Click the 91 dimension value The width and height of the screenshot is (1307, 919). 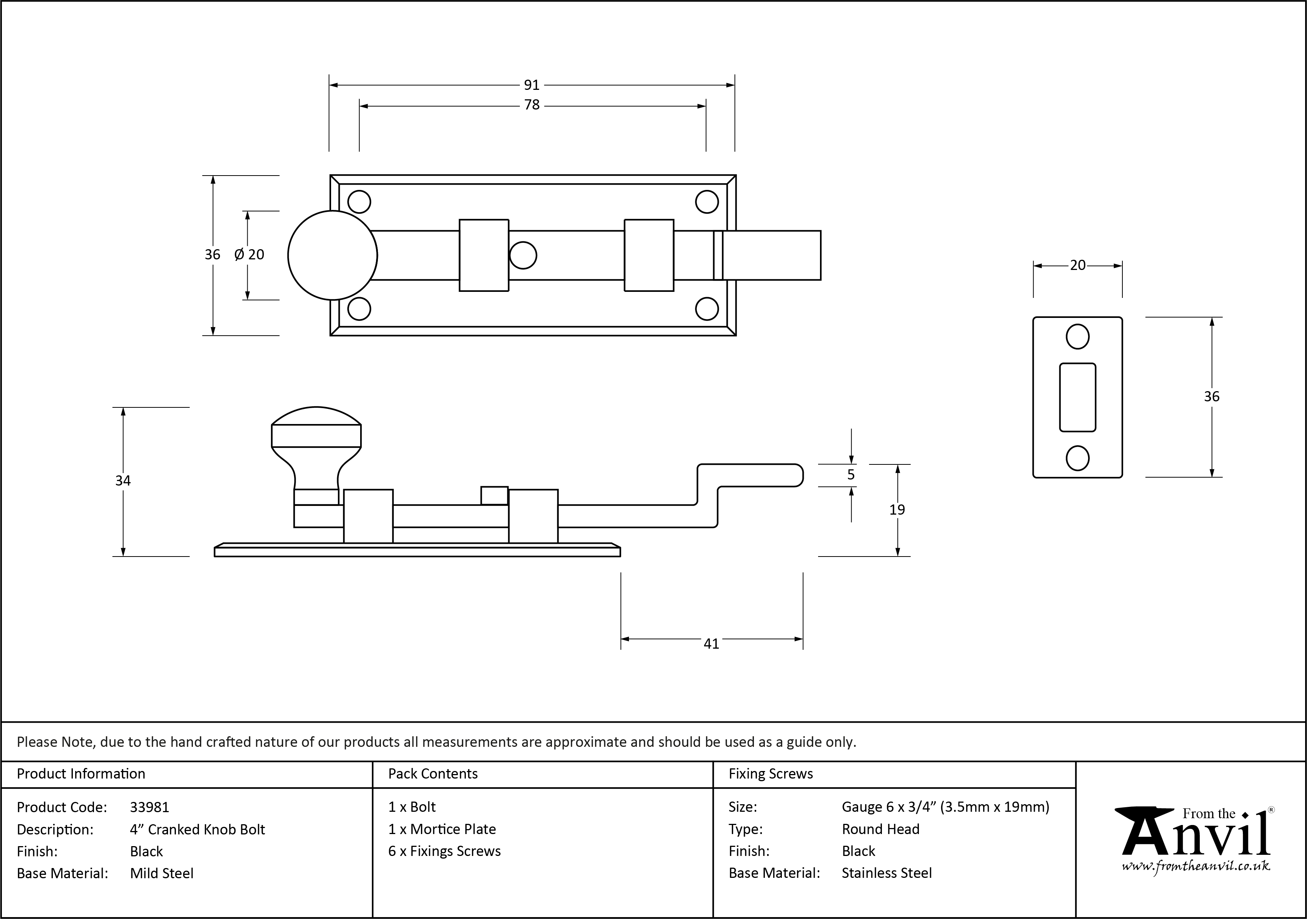click(x=531, y=85)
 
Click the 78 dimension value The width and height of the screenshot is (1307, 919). click(x=532, y=105)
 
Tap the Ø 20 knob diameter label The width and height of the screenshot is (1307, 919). click(x=249, y=254)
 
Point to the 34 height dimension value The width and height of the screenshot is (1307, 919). click(x=123, y=481)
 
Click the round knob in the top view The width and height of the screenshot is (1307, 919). click(x=333, y=255)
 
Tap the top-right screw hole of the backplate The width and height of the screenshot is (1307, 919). click(x=707, y=202)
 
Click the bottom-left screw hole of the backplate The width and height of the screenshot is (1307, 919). click(x=359, y=308)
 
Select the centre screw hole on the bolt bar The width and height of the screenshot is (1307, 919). click(x=523, y=255)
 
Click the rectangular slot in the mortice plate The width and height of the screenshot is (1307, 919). click(x=1077, y=398)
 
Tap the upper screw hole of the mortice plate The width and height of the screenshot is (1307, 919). click(x=1077, y=336)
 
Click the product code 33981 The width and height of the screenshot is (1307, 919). click(x=150, y=807)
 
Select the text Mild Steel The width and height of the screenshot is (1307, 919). click(x=162, y=873)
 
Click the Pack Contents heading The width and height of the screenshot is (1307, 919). click(x=433, y=774)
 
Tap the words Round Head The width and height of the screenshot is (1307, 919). click(x=881, y=829)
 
